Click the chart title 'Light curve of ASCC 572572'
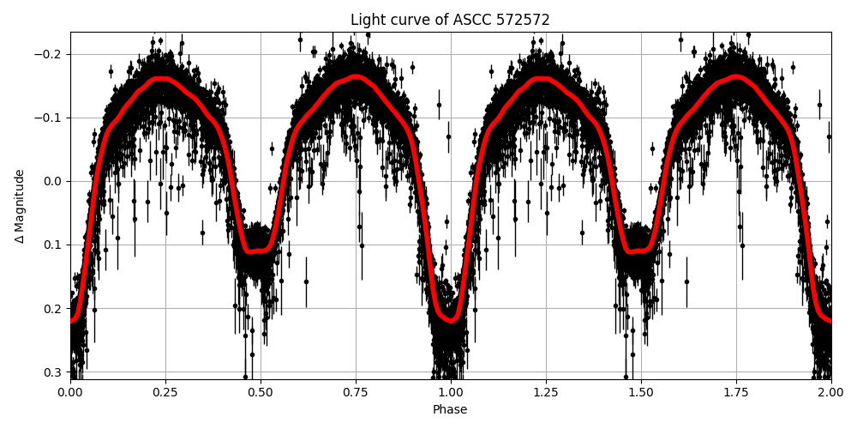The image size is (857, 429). [450, 20]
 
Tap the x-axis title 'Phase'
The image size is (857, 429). [450, 410]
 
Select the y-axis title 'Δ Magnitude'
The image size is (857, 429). [20, 206]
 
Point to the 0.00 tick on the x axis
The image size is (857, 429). [70, 392]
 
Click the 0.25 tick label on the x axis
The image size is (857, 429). [165, 392]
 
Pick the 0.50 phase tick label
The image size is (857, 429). [261, 392]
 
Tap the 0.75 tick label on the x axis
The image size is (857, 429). [356, 392]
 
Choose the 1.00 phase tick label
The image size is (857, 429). [451, 392]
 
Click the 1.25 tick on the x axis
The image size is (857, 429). [546, 392]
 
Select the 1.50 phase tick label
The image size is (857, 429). [641, 392]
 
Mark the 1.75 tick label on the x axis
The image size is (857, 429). [736, 392]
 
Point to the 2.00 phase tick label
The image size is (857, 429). [831, 392]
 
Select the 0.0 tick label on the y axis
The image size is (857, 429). [54, 181]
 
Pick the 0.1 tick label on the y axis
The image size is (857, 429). [54, 245]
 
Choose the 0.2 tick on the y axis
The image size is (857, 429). [54, 308]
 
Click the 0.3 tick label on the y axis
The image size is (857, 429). [54, 372]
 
